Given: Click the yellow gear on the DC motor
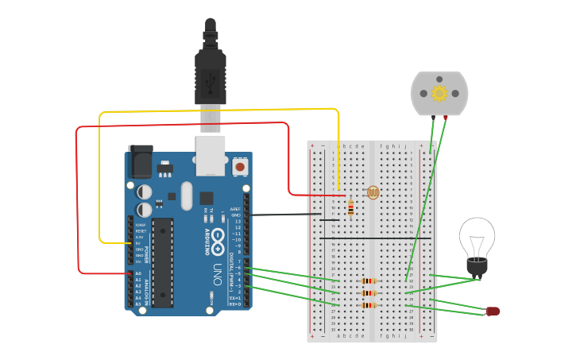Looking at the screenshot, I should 439,93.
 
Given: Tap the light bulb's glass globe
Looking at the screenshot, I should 477,236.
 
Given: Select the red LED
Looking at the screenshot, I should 493,311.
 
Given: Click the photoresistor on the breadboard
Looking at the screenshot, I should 373,192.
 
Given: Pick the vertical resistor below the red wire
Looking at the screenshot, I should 351,207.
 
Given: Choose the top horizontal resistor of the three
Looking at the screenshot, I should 368,281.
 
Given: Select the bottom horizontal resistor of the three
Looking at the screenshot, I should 368,305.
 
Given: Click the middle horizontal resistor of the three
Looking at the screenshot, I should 368,292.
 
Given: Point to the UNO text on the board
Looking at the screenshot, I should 216,275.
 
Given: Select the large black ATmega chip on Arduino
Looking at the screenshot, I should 163,262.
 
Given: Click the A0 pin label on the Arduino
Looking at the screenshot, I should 138,273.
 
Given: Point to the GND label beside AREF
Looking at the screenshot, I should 236,215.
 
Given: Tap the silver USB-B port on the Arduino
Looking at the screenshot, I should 211,154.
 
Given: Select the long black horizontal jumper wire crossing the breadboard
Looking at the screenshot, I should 375,238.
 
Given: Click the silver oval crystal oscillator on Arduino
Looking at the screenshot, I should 187,195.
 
